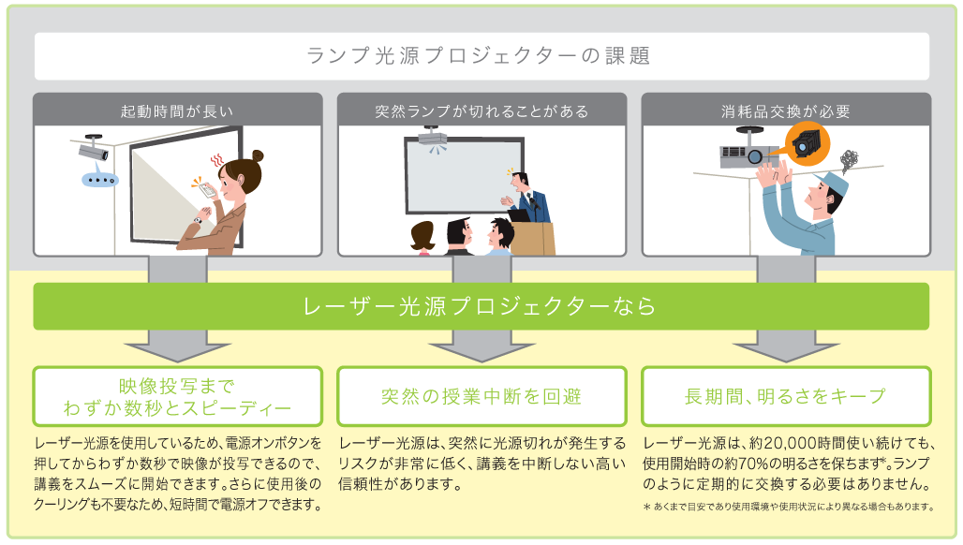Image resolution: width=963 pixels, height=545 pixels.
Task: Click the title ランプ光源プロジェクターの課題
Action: (x=481, y=56)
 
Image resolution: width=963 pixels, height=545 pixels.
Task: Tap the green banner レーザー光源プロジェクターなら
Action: (x=481, y=307)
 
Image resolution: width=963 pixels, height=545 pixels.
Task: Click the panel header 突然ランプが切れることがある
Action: (x=481, y=110)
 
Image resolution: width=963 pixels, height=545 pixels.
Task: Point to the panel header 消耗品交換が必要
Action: (x=786, y=110)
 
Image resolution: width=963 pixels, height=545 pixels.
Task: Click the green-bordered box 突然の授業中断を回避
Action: (x=481, y=396)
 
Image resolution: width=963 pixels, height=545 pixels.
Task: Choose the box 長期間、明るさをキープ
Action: (x=786, y=396)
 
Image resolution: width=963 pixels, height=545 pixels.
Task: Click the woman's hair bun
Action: (x=257, y=156)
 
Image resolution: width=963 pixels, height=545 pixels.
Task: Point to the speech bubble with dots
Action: (x=98, y=179)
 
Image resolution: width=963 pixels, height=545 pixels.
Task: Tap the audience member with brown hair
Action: (x=422, y=236)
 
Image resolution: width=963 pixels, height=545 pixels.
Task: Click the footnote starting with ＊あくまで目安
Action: (x=789, y=508)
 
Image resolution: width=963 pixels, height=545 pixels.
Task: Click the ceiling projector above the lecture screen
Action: (x=432, y=140)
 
